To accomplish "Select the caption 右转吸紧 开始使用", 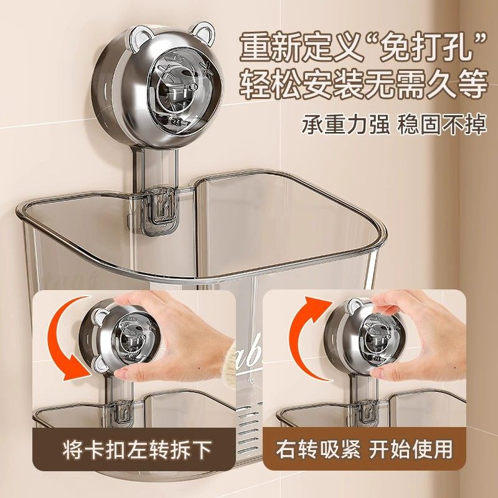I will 365,449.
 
